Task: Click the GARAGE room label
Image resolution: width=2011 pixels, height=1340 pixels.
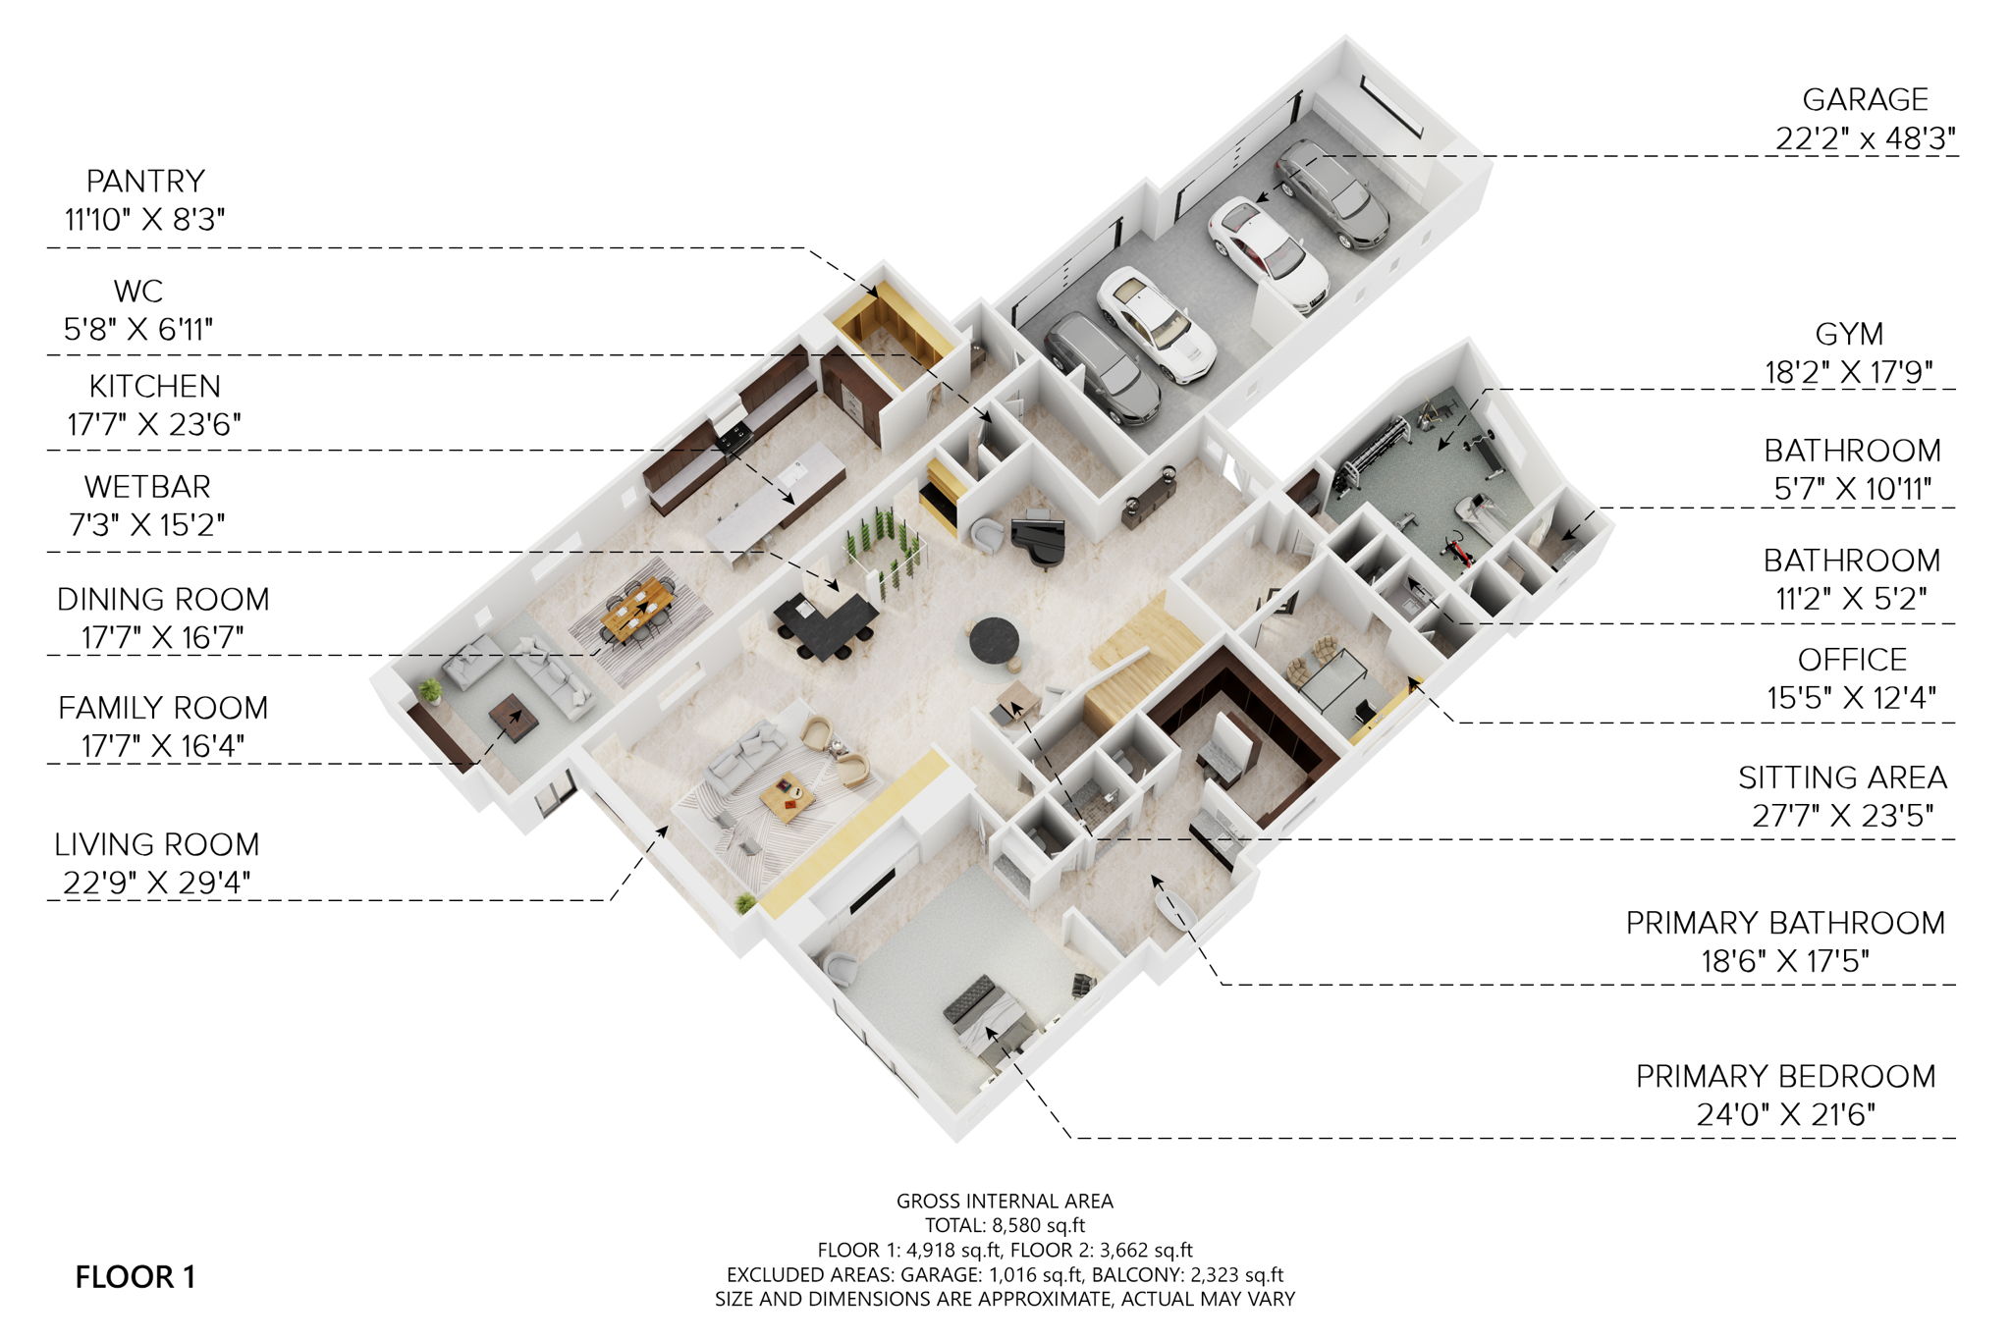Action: click(x=1865, y=100)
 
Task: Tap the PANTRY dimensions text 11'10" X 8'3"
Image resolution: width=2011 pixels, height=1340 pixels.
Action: click(x=145, y=219)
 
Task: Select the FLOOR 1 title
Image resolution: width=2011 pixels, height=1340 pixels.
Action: click(x=136, y=1277)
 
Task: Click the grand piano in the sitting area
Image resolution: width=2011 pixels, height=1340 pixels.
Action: click(x=1039, y=539)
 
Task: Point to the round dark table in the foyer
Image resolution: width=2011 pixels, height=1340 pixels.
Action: click(x=994, y=641)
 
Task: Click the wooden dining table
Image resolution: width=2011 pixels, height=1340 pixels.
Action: click(x=637, y=607)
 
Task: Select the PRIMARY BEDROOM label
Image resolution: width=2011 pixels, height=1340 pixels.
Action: click(x=1785, y=1076)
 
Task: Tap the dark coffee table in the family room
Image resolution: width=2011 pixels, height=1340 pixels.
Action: click(x=514, y=717)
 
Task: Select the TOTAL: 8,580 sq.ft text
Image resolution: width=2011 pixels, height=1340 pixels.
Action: click(x=1005, y=1225)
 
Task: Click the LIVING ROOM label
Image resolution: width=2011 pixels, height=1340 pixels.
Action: click(x=157, y=844)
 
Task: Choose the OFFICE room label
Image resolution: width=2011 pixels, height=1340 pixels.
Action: click(x=1851, y=660)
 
